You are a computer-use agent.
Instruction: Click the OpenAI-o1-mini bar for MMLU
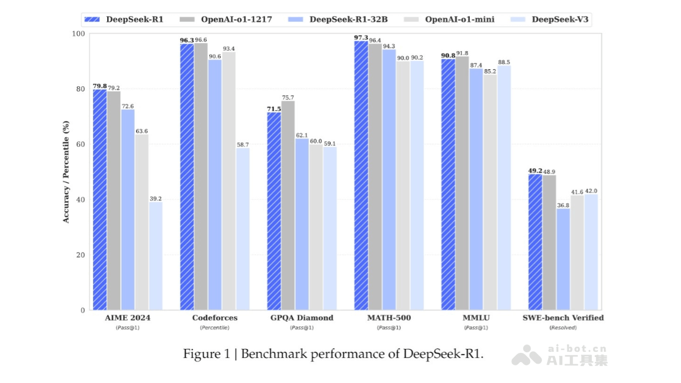pos(490,192)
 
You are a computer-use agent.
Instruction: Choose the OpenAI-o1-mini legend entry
pos(451,19)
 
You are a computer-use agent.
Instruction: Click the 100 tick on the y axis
pos(78,33)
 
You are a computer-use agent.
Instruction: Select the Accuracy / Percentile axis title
pos(66,171)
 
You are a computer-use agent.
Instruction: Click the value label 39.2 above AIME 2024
pos(155,199)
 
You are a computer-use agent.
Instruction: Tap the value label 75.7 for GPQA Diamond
pos(288,98)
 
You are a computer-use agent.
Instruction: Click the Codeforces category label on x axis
pos(215,318)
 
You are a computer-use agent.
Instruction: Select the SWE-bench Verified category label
pos(563,318)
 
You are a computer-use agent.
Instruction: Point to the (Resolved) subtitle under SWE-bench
pos(563,327)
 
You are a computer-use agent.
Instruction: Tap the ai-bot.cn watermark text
pos(577,349)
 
